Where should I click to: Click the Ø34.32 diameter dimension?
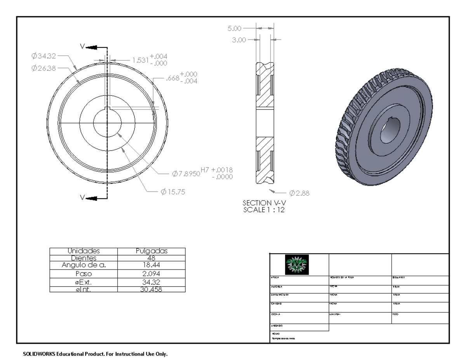point(44,56)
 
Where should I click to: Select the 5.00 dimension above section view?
point(235,28)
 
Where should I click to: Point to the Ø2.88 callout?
point(299,193)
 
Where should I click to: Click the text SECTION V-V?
point(263,203)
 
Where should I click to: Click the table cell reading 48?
point(152,258)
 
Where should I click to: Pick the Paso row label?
point(84,273)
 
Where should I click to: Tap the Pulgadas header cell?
point(152,251)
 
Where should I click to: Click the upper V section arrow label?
point(83,46)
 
